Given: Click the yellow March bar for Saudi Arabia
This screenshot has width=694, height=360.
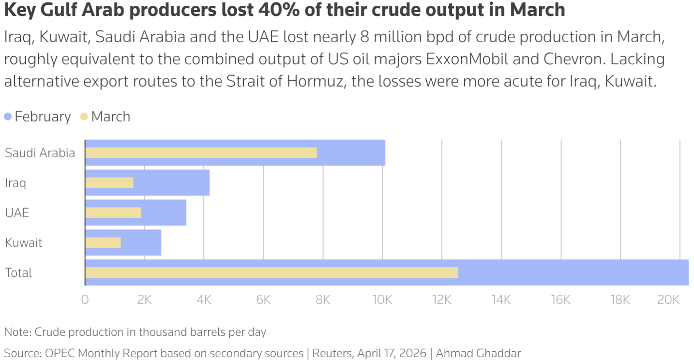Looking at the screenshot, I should [x=201, y=153].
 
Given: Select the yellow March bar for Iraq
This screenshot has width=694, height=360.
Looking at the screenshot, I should [x=109, y=183].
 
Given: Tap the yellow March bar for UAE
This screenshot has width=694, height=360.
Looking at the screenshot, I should [x=113, y=213].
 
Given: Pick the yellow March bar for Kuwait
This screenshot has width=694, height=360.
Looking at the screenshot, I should [x=103, y=242].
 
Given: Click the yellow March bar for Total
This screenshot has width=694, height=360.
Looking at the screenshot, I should [x=271, y=272].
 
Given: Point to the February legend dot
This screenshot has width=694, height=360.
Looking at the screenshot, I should [x=8, y=117].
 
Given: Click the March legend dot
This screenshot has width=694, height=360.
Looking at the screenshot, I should [x=84, y=117].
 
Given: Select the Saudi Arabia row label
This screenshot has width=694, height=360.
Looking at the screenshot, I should [x=40, y=153].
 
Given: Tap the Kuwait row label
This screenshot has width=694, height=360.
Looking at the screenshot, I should [x=24, y=242].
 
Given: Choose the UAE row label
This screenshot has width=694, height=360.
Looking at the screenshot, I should [x=17, y=213].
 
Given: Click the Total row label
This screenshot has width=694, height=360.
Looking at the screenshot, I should [x=18, y=272].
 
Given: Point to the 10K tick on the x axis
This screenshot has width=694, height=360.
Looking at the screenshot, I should [x=382, y=300].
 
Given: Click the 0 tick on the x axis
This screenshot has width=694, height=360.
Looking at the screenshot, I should [x=85, y=300].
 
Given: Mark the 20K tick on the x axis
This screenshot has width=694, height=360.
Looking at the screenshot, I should [x=668, y=300].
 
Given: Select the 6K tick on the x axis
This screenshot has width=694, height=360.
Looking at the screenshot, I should [x=263, y=300].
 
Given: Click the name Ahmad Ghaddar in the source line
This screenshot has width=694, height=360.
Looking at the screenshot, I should [x=478, y=353].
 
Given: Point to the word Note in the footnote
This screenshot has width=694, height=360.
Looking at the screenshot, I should [x=16, y=332].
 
